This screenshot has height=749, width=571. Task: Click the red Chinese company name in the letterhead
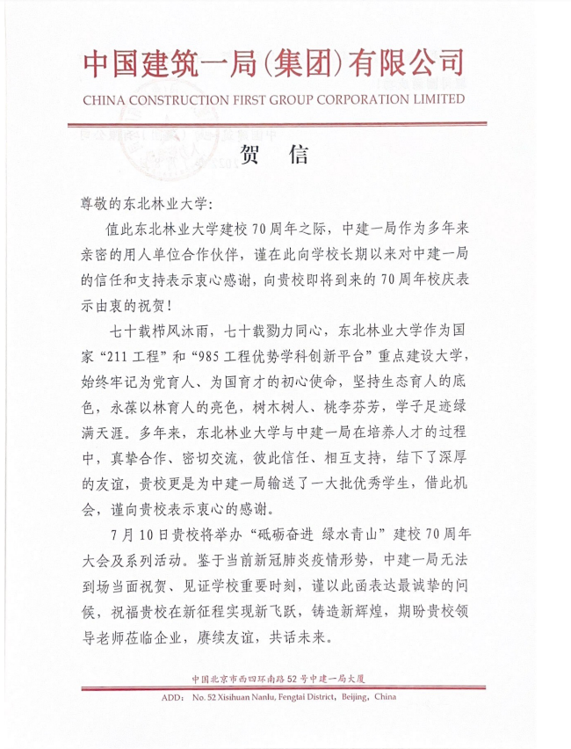(x=272, y=64)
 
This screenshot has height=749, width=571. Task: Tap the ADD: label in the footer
(x=171, y=698)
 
